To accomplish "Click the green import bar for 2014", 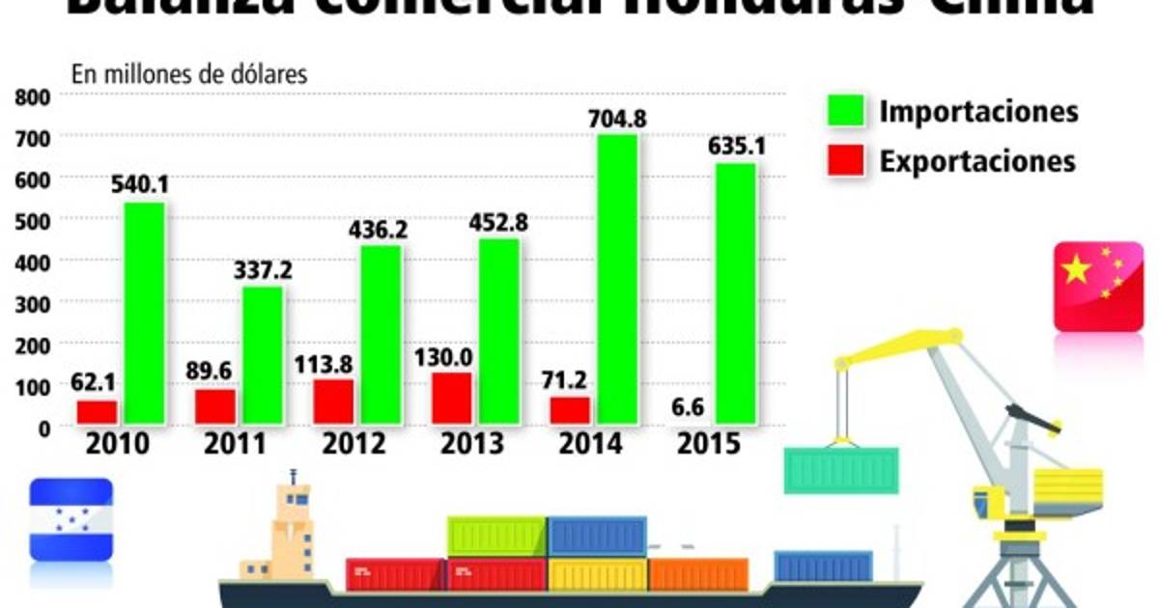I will pyautogui.click(x=616, y=280).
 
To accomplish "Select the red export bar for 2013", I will pyautogui.click(x=451, y=399).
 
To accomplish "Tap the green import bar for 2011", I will pyautogui.click(x=263, y=355).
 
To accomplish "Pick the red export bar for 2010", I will pyautogui.click(x=97, y=412).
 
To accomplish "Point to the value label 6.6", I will pyautogui.click(x=690, y=407).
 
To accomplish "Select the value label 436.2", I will pyautogui.click(x=381, y=232).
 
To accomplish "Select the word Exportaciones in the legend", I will pyautogui.click(x=976, y=160).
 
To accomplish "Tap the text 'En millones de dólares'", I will pyautogui.click(x=189, y=73).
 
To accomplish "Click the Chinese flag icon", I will pyautogui.click(x=1099, y=287).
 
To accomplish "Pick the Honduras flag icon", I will pyautogui.click(x=71, y=519).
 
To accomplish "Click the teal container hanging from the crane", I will pyautogui.click(x=841, y=471).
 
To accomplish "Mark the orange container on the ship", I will pyautogui.click(x=698, y=574).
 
